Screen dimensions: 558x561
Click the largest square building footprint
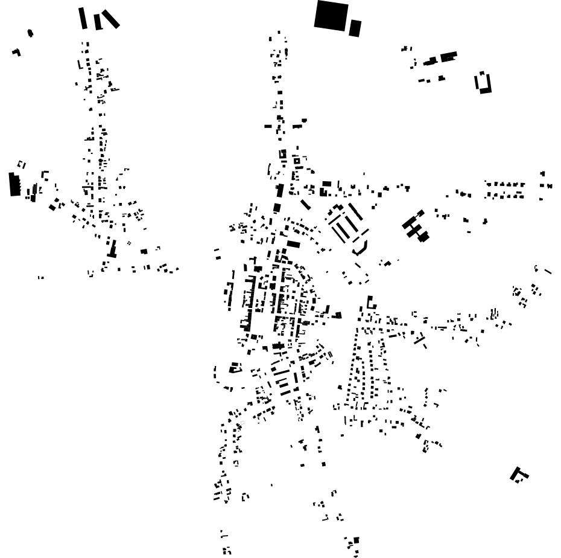tap(331, 15)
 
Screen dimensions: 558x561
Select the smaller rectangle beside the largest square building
tap(355, 28)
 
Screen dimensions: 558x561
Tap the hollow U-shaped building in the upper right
tap(484, 83)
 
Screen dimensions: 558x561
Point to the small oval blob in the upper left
tap(31, 33)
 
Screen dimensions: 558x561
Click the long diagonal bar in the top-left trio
tap(110, 19)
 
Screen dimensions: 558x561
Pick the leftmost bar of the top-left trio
tap(83, 18)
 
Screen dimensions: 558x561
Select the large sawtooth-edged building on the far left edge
tap(14, 184)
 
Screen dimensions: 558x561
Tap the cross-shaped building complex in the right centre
tap(416, 226)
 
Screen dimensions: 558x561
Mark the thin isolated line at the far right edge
tap(548, 271)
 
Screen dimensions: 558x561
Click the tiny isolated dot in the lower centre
tap(271, 484)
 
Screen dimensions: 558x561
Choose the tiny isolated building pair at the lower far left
tap(40, 278)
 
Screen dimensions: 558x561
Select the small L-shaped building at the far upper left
tap(17, 53)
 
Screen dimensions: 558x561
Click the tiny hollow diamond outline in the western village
tap(129, 243)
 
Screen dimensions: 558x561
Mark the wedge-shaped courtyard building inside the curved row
tap(235, 367)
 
